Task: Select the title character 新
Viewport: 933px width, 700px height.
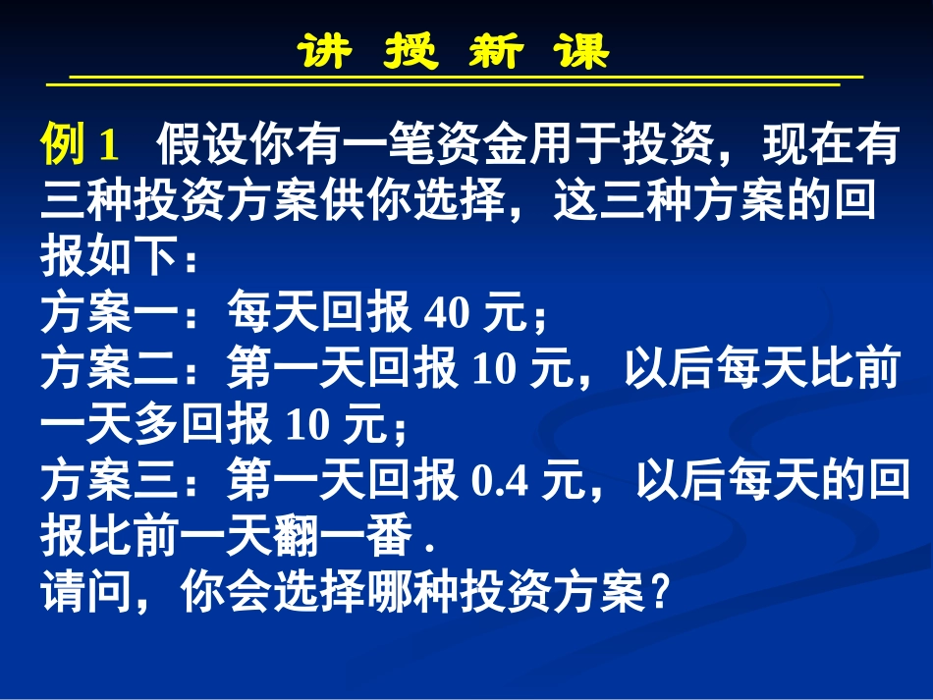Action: (x=495, y=50)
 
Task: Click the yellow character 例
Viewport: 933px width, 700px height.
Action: (x=64, y=146)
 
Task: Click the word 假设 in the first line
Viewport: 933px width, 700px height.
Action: (x=200, y=146)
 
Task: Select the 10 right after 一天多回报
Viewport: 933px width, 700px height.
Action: (x=313, y=426)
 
